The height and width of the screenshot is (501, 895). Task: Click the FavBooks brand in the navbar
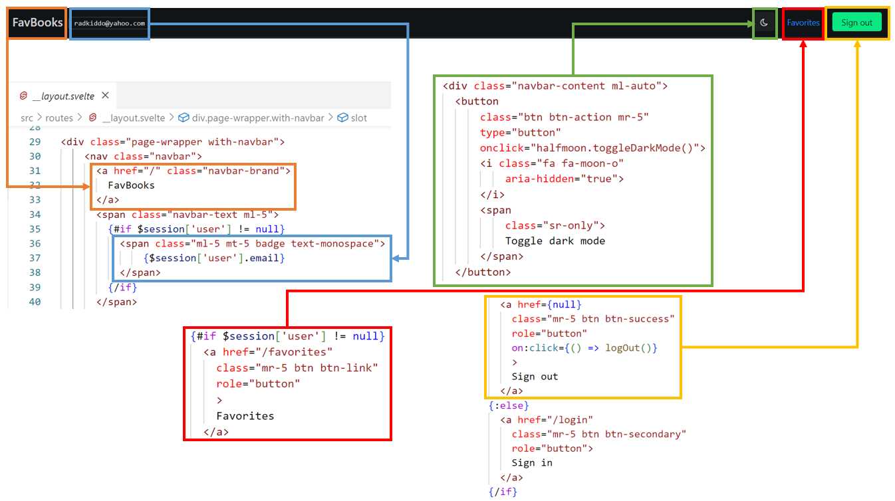37,23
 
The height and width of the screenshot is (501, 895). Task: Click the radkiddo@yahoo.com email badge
109,23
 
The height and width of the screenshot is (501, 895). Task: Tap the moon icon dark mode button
764,23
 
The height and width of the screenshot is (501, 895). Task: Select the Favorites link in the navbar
803,23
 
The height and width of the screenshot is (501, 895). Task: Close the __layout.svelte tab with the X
105,96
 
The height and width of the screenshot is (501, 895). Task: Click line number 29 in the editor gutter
35,142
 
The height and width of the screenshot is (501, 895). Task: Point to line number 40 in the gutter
35,302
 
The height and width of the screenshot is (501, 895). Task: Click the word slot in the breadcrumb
359,118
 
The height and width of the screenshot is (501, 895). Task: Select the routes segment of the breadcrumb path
59,118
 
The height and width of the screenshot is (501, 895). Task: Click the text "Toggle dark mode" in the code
555,241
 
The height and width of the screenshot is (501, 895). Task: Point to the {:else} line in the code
509,405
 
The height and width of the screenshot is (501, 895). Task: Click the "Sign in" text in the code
532,462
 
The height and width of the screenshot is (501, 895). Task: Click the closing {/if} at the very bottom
503,492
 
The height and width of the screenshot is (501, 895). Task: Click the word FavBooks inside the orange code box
131,185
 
